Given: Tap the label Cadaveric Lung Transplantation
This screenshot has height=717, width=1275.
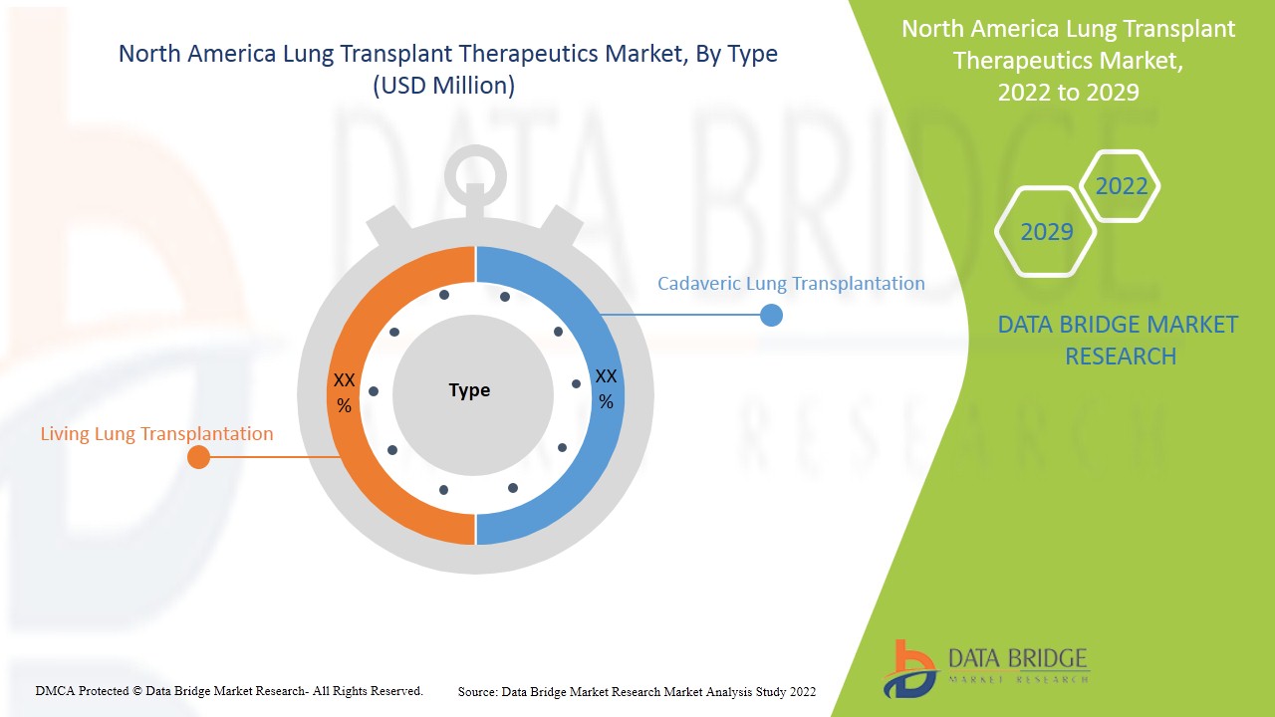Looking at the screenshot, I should (791, 284).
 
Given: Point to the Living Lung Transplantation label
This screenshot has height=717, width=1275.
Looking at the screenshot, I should (156, 434).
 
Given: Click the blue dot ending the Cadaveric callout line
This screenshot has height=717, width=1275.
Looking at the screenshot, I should (771, 315).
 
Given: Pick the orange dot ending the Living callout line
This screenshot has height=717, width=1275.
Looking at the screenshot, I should (198, 457).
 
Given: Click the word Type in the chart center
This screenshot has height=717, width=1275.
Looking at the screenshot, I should (469, 390).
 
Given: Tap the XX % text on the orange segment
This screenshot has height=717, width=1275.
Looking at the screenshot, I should (344, 392).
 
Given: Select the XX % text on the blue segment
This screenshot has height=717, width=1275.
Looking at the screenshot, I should (606, 388).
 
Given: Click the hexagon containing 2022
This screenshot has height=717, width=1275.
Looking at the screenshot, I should (1121, 186).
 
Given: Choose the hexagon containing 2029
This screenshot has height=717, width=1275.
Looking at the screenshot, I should (1046, 232).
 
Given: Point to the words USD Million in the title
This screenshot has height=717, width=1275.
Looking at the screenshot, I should (444, 87).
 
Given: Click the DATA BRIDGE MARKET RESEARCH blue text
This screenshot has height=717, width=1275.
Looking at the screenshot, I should (1120, 340).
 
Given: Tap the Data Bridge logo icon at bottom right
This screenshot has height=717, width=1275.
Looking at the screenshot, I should (908, 667).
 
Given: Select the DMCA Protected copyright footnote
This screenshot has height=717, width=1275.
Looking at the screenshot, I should (229, 690).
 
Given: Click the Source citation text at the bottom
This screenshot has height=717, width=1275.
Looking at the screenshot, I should (637, 691).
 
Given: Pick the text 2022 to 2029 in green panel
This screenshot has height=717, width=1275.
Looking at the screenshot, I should (1068, 92).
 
